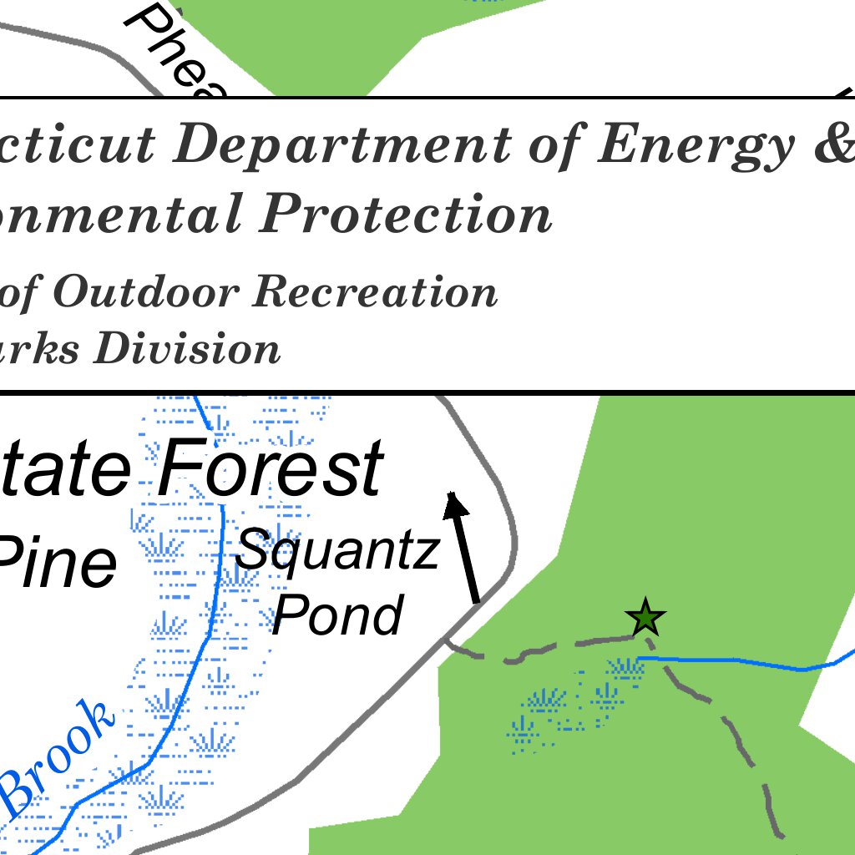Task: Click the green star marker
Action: pyautogui.click(x=645, y=619)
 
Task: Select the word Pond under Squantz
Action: pyautogui.click(x=337, y=615)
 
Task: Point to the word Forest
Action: pyautogui.click(x=270, y=469)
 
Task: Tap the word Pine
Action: pyautogui.click(x=57, y=564)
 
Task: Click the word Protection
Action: pyautogui.click(x=405, y=214)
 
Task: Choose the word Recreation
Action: pyautogui.click(x=375, y=291)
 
